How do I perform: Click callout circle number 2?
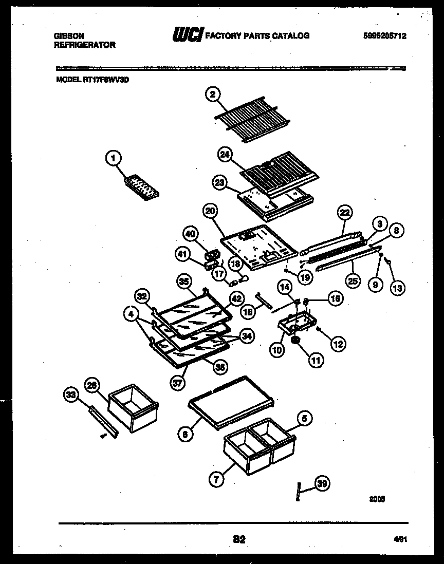[x=212, y=94]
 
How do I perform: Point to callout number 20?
[x=210, y=211]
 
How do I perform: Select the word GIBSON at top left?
[x=69, y=36]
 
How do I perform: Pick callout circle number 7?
[x=216, y=480]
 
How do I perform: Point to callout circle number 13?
[x=397, y=288]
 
